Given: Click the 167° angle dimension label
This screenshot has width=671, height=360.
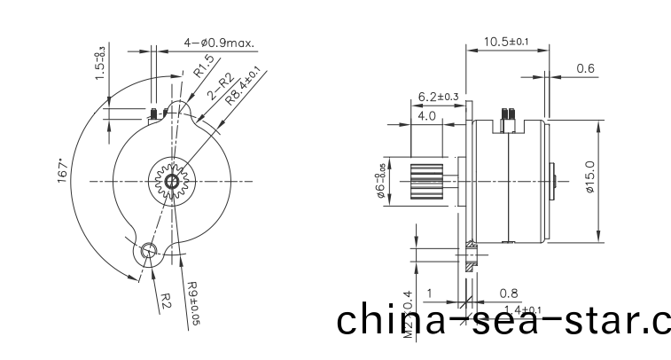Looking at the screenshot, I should pyautogui.click(x=63, y=170).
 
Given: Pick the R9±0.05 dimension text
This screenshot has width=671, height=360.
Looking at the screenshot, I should pyautogui.click(x=193, y=301).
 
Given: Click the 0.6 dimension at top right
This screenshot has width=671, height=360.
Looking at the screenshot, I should pyautogui.click(x=586, y=68).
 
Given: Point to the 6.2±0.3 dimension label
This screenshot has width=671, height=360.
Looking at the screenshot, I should pyautogui.click(x=438, y=96).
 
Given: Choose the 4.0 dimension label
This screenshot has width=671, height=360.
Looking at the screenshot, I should pyautogui.click(x=426, y=115).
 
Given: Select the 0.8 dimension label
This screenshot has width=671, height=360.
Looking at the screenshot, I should pyautogui.click(x=509, y=293).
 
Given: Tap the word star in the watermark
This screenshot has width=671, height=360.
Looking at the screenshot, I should pyautogui.click(x=584, y=320).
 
